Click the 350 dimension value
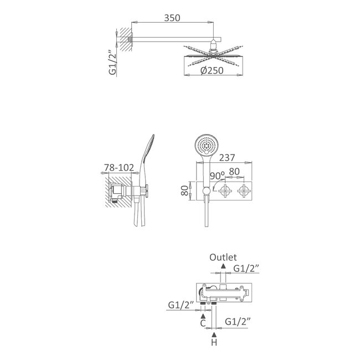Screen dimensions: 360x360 tap(172, 18)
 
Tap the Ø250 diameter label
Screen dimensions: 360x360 tap(212, 70)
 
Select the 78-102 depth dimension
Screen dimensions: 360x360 tap(119, 167)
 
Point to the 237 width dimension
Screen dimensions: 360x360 tap(227, 158)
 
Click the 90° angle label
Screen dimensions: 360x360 tap(217, 176)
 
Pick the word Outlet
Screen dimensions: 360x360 tap(223, 258)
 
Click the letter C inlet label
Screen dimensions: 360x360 tap(203, 323)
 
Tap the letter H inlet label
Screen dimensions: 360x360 tap(214, 343)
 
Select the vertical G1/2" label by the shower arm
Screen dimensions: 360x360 tap(112, 63)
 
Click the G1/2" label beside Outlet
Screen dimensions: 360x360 tap(246, 268)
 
